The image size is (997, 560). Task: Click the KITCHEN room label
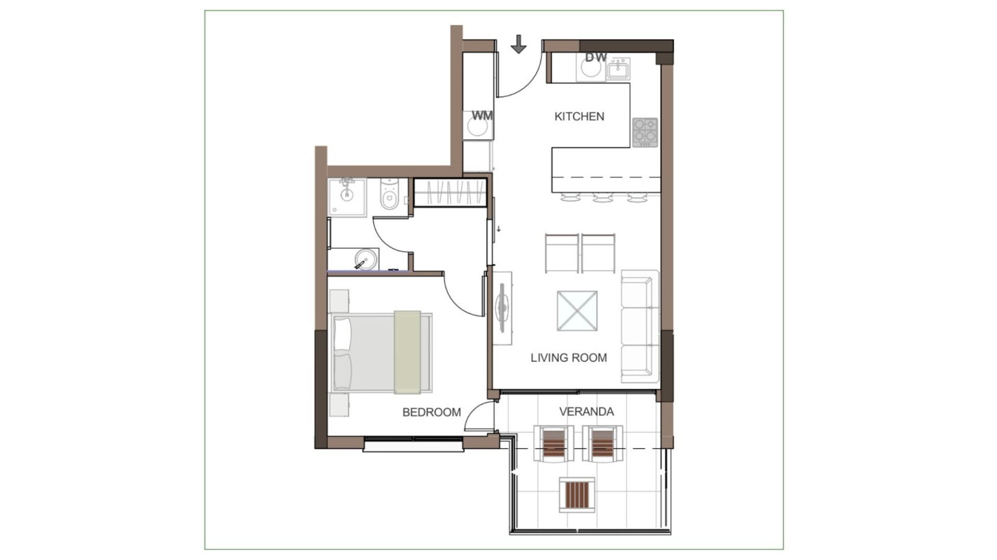[579, 116]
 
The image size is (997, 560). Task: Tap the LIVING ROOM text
[569, 358]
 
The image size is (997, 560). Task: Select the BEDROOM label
[432, 412]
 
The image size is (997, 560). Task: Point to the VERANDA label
[586, 412]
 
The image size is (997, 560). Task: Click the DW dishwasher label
[596, 57]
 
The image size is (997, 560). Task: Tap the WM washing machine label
[482, 115]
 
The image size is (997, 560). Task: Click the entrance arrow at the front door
[518, 44]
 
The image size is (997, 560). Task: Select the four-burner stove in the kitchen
[645, 132]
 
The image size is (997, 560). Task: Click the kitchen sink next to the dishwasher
[618, 69]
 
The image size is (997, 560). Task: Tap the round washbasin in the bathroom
[366, 259]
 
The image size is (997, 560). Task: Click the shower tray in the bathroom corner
[347, 198]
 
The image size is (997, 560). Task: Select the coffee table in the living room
[577, 311]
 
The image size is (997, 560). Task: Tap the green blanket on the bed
[407, 352]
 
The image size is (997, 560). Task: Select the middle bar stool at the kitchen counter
[602, 197]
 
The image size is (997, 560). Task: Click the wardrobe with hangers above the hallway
[450, 193]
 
